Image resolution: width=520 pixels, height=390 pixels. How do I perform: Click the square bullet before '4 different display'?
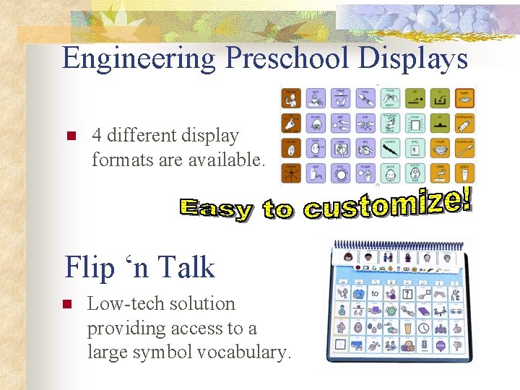71,136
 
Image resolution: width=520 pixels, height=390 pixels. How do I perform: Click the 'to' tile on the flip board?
374,294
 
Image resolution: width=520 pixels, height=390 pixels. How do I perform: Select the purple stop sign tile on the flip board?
441,346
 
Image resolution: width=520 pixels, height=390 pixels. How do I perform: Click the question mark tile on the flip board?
407,294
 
